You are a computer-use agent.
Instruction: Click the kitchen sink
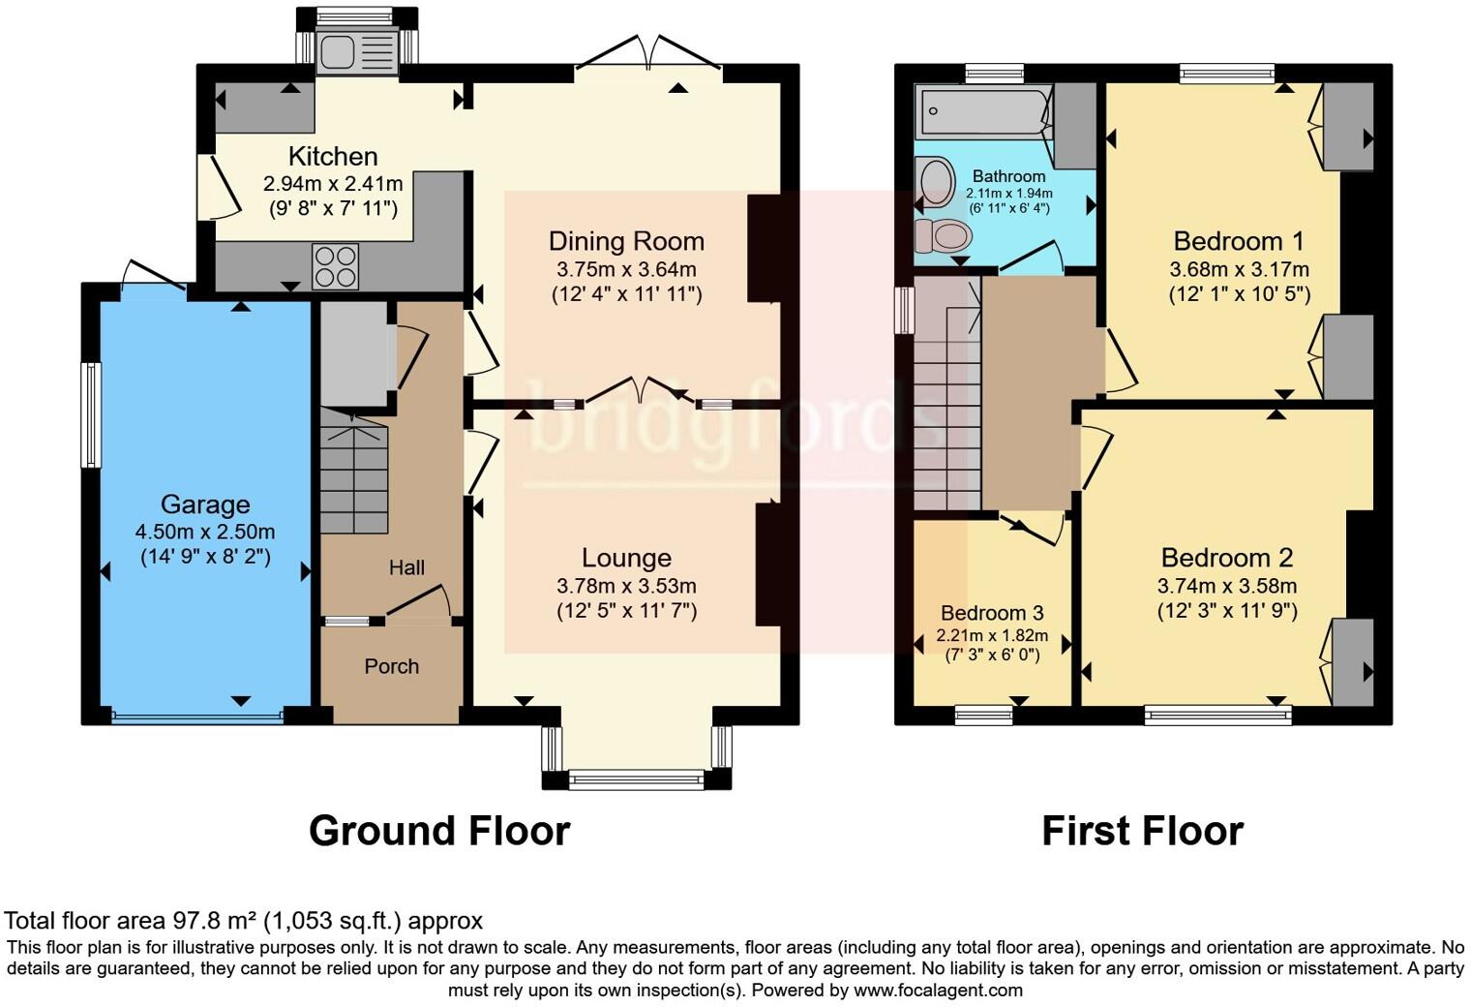pos(356,50)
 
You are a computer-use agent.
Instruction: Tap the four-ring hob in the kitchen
pos(336,266)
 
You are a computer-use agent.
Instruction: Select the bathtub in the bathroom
pos(983,111)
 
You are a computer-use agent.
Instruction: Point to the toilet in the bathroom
pos(943,235)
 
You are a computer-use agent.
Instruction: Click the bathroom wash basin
pos(936,179)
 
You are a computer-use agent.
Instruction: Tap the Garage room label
pos(205,504)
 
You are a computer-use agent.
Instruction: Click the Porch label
pos(391,666)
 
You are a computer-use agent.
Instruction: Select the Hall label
pos(406,567)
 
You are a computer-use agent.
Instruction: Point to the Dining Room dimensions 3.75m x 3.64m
pos(626,269)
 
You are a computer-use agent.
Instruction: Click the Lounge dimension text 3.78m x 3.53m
pos(626,586)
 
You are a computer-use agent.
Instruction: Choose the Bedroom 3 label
pos(992,613)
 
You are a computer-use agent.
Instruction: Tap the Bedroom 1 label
pos(1239,241)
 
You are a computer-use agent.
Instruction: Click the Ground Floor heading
pos(439,831)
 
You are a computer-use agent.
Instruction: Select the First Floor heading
pos(1143,831)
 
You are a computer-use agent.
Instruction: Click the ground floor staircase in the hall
pos(354,471)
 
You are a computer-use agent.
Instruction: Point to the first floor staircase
pos(946,393)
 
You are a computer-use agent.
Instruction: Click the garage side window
pos(91,414)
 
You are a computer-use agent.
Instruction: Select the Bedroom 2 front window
pos(1217,715)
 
